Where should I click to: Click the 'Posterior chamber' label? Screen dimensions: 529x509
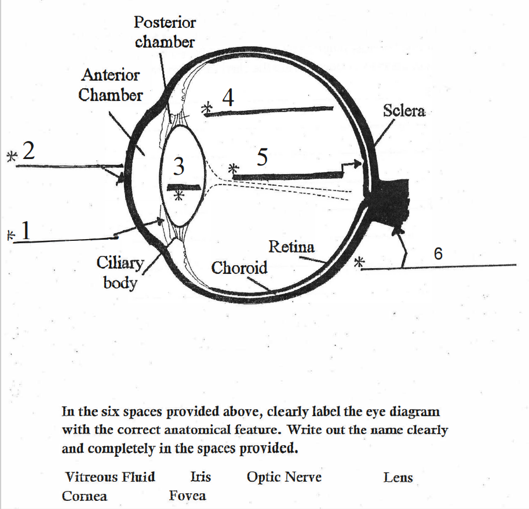pos(165,32)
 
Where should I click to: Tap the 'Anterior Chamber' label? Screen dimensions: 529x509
pos(111,85)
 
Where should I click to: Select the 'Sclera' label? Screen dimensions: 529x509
pos(404,111)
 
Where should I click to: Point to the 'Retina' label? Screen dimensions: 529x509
pos(291,247)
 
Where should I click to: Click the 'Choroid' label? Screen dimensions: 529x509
pos(239,268)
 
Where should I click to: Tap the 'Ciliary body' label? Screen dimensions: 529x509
pos(120,272)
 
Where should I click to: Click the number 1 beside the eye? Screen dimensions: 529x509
pos(25,230)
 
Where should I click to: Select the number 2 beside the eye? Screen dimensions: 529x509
pos(28,150)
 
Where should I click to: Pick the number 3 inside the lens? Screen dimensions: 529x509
pos(179,166)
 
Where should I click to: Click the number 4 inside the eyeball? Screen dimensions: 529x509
pos(228,98)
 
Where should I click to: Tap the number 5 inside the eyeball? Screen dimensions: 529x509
pos(262,157)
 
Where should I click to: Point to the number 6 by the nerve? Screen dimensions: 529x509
pos(438,254)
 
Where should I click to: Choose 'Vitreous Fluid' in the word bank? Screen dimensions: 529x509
pos(110,477)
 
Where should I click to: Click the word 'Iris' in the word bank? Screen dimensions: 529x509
pos(200,476)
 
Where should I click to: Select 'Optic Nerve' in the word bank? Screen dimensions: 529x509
pos(284,477)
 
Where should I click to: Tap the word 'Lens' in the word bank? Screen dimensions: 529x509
pos(398,477)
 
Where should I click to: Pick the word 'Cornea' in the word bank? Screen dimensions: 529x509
pos(85,496)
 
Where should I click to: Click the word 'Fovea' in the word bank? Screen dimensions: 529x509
pos(188,496)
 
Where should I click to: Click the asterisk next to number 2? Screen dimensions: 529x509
pos(12,156)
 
